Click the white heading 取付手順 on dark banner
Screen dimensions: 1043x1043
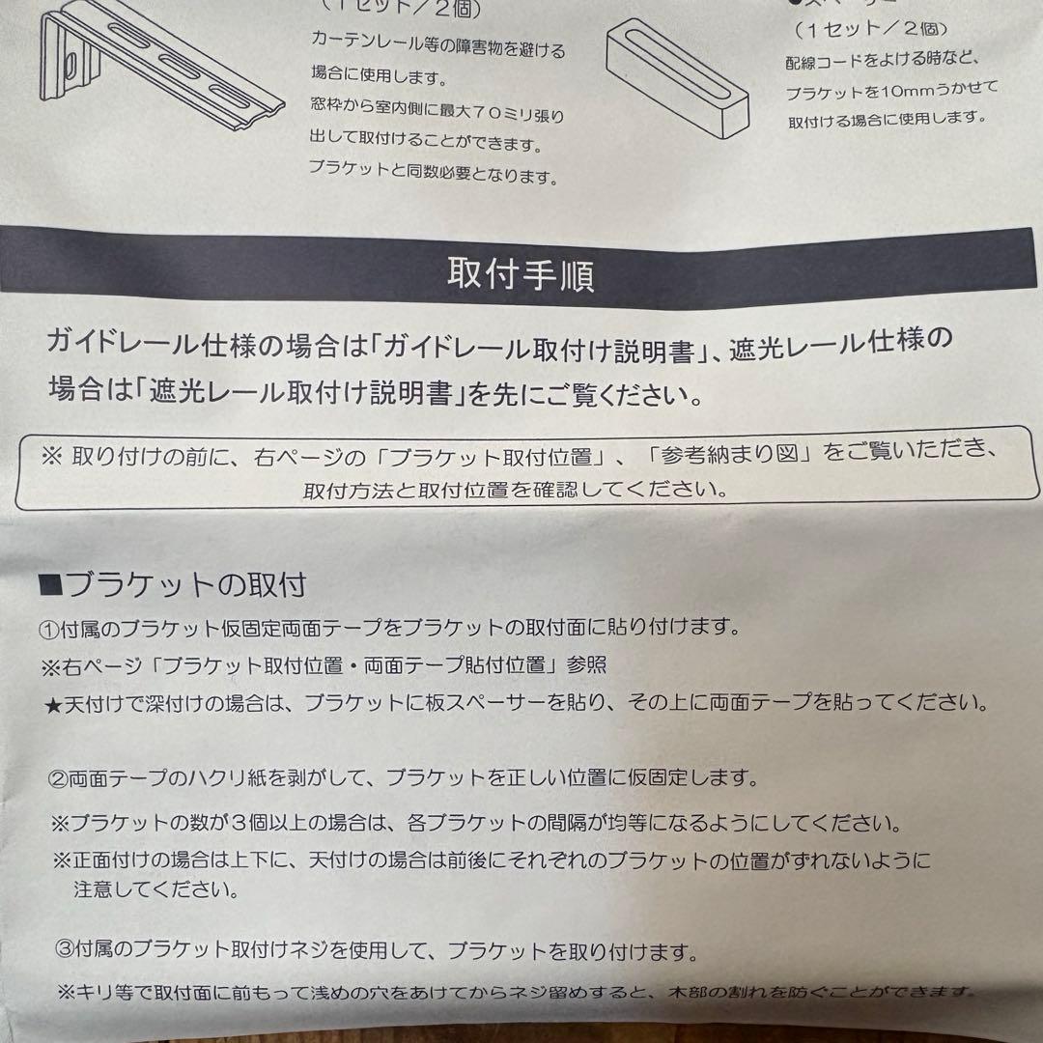coord(521,275)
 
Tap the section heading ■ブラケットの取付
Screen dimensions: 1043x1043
coord(173,584)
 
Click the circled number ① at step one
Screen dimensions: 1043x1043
coord(50,629)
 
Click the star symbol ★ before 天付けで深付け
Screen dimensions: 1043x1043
coord(52,704)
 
